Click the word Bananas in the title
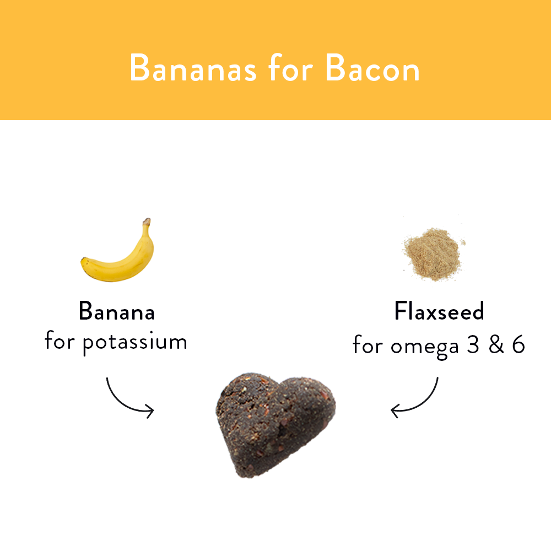[192, 69]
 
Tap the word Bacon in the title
[372, 69]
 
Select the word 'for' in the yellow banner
[290, 69]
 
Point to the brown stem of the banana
[147, 222]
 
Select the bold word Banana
[117, 311]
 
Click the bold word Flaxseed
[439, 311]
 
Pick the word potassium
[135, 343]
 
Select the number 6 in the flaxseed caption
[518, 345]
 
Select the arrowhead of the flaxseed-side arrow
[393, 410]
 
